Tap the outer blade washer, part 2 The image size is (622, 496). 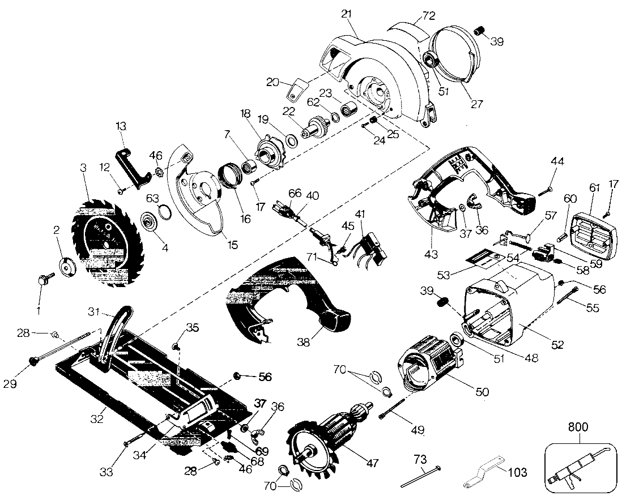[x=68, y=268]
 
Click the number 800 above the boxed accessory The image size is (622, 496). [x=578, y=427]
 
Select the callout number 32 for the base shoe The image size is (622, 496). [x=97, y=418]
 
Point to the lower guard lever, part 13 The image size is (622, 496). [x=131, y=168]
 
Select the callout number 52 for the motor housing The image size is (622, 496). [x=557, y=345]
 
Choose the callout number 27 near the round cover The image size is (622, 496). [x=476, y=104]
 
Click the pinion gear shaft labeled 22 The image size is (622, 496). [x=317, y=127]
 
